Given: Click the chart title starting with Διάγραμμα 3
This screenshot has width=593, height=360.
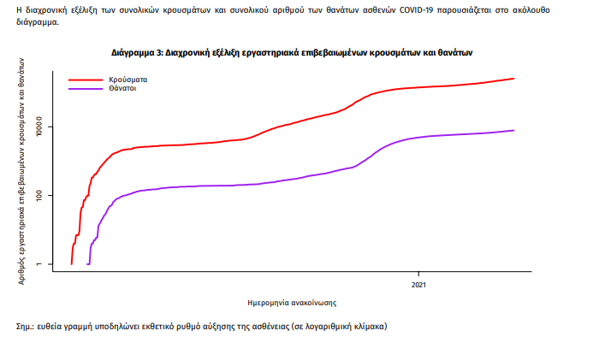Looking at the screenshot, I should pos(292,53).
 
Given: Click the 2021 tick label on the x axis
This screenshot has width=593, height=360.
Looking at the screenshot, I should pos(418,284).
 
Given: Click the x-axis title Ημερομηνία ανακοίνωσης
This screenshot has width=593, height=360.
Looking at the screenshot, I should pos(291,302).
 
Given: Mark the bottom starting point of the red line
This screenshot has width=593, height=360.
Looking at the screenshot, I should pos(71,264).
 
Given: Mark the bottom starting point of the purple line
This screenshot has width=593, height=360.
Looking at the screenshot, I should pos(88,264).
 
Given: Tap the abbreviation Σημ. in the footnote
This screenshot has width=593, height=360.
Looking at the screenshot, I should pos(27,327).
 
